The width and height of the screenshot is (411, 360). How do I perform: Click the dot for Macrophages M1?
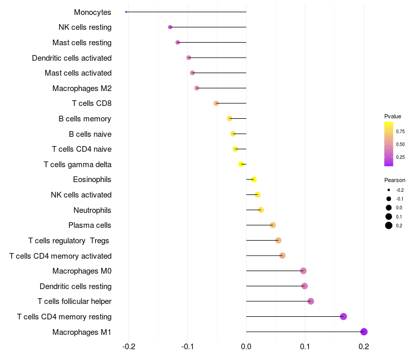[364, 332]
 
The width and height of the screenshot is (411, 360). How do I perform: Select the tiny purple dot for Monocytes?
[126, 12]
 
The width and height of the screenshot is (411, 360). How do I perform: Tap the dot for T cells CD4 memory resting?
[343, 316]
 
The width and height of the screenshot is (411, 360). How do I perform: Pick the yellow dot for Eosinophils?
[253, 179]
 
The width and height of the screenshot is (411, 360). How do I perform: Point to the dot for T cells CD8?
[216, 103]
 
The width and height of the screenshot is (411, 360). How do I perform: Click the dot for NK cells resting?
[170, 27]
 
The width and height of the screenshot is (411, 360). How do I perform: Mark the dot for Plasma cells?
[273, 225]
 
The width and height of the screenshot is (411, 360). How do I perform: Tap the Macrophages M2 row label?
[82, 88]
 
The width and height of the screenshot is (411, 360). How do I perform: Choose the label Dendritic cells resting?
[76, 286]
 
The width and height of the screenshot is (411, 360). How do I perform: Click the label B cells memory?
[85, 119]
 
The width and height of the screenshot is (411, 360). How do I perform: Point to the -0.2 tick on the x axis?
[128, 347]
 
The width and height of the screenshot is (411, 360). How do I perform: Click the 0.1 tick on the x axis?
[305, 347]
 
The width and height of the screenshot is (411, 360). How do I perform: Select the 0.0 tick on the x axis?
[246, 347]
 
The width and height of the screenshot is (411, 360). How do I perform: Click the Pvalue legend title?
[393, 116]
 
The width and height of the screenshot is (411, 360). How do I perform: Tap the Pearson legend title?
[395, 180]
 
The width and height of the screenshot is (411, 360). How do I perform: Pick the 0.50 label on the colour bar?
[400, 144]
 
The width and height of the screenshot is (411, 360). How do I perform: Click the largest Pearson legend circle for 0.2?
[389, 225]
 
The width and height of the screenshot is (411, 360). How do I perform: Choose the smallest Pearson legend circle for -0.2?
[389, 190]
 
